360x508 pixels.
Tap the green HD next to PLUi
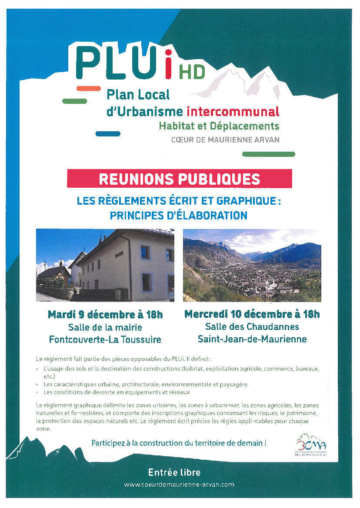tap(192, 73)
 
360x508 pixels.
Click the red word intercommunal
tap(233, 111)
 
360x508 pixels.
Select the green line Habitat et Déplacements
tap(219, 126)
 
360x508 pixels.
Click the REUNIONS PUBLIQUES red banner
tap(179, 179)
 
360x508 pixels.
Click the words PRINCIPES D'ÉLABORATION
tap(179, 215)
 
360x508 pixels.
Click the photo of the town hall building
tap(105, 265)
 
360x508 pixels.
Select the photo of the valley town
tap(252, 265)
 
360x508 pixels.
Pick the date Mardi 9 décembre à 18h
tap(105, 315)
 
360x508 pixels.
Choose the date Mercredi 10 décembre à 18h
tap(252, 314)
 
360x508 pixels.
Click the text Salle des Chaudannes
tap(252, 326)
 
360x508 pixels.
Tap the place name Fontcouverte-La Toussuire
tap(105, 339)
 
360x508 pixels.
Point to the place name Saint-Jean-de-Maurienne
tap(252, 339)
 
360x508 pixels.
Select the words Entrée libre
tap(174, 472)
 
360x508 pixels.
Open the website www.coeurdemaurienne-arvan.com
tap(179, 484)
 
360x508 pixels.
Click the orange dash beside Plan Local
tap(88, 88)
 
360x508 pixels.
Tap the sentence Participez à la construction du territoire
tap(179, 443)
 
